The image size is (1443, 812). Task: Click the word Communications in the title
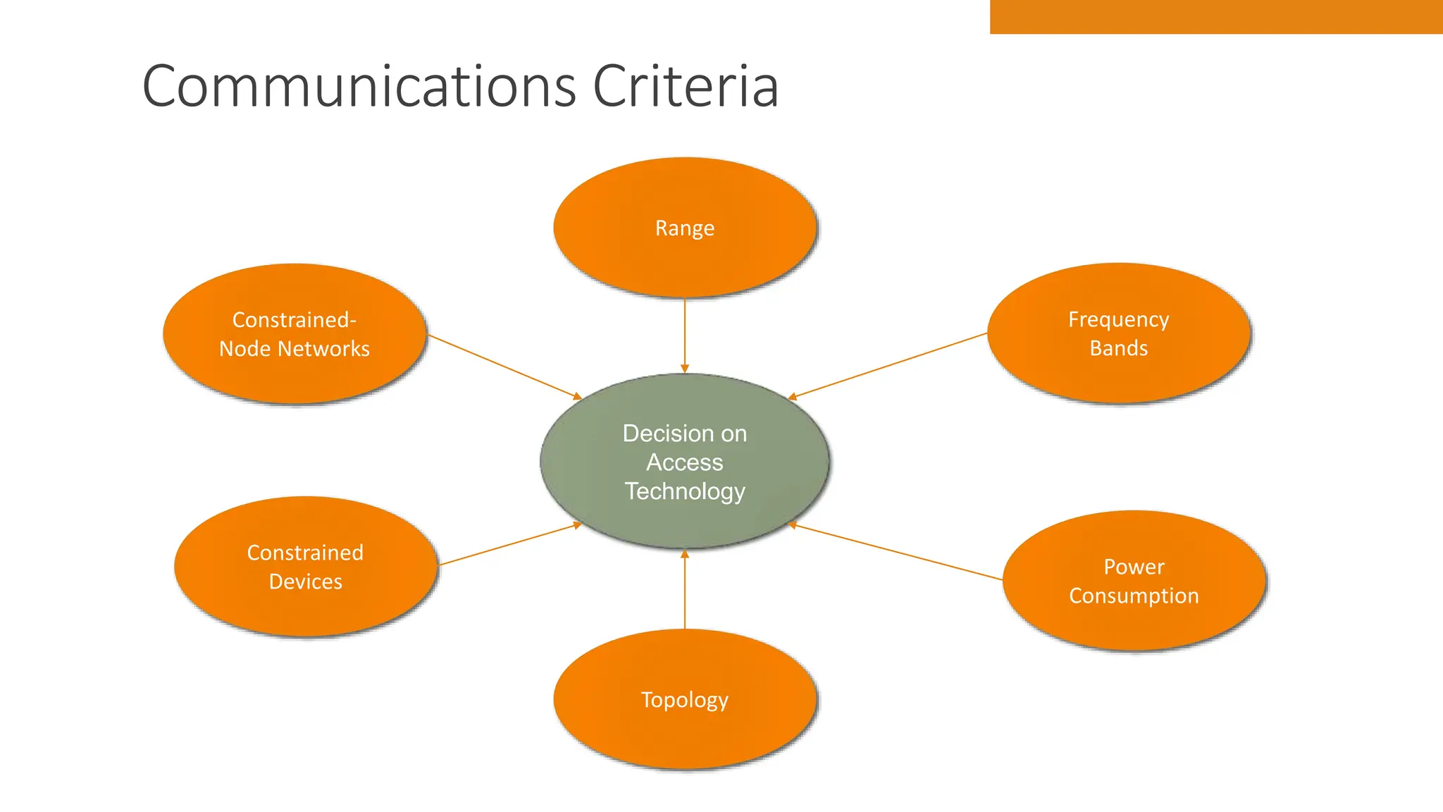pos(359,86)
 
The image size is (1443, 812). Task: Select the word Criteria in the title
pos(685,86)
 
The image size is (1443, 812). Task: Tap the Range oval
pos(684,227)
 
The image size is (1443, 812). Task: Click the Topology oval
pos(684,699)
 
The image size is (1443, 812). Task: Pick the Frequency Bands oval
pos(1118,333)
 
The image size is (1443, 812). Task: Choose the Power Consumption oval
pos(1134,580)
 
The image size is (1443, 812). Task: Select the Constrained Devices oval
pos(305,566)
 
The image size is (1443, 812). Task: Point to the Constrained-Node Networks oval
pos(295,333)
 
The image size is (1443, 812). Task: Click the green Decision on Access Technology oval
pos(684,462)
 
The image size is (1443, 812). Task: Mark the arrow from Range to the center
pos(684,335)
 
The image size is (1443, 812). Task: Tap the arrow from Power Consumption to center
pos(895,552)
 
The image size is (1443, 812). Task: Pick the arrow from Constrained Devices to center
pos(509,544)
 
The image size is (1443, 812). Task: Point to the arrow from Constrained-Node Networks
pos(504,367)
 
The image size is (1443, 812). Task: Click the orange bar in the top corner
pos(1215,16)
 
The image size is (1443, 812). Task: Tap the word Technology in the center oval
pos(684,491)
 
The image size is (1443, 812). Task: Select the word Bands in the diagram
pos(1118,348)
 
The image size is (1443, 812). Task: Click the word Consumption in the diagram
pos(1134,596)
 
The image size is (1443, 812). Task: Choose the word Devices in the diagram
pos(305,582)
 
